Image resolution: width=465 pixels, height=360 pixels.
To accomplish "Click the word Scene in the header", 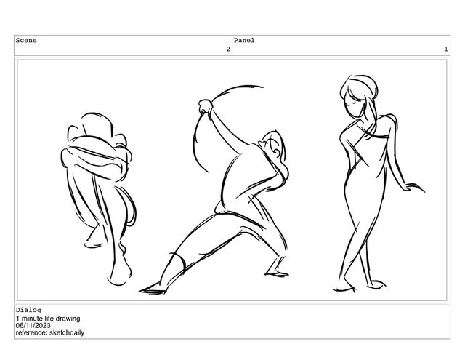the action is pos(26,40).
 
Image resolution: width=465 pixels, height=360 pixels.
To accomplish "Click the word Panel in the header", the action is pos(244,40).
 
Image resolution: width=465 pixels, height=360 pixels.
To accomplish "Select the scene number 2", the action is pos(228,49).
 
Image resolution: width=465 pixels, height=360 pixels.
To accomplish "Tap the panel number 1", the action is pos(445,49).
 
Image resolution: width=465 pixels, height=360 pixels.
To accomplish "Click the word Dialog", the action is pos(28,310).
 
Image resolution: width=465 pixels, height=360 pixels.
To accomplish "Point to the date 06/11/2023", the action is pos(33,326).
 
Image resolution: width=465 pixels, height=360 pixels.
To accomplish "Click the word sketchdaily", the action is pos(67,332).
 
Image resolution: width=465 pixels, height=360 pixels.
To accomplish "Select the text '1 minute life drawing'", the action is pos(48,319).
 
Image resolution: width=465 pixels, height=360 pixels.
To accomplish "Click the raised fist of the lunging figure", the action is pos(206,106).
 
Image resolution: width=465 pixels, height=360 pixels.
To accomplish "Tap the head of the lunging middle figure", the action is pos(272,145).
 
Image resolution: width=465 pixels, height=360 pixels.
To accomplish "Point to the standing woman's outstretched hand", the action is pos(414,188).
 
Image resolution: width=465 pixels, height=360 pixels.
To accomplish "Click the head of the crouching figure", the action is pos(97,124).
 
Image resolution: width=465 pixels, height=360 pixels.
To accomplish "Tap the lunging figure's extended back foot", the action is pos(153,289).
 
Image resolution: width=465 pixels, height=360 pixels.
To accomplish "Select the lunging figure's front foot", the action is pos(277,273).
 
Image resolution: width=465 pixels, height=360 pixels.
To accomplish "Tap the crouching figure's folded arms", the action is pos(97,157).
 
